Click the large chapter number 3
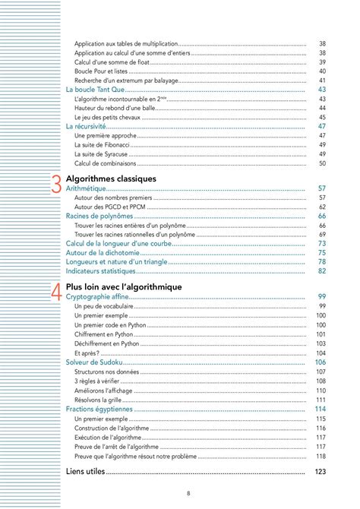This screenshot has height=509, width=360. [56, 185]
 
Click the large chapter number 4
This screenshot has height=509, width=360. [56, 292]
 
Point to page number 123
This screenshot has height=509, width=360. [320, 472]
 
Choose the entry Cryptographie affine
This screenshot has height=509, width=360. [98, 296]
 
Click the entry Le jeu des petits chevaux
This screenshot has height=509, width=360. [109, 117]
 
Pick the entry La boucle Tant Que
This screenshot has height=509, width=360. [96, 90]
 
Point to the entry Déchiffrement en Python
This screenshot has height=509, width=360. [110, 343]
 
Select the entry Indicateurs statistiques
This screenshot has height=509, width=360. [101, 270]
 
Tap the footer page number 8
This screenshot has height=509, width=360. [188, 495]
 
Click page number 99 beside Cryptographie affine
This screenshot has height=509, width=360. [321, 296]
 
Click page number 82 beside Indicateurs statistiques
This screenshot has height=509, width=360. [321, 270]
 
